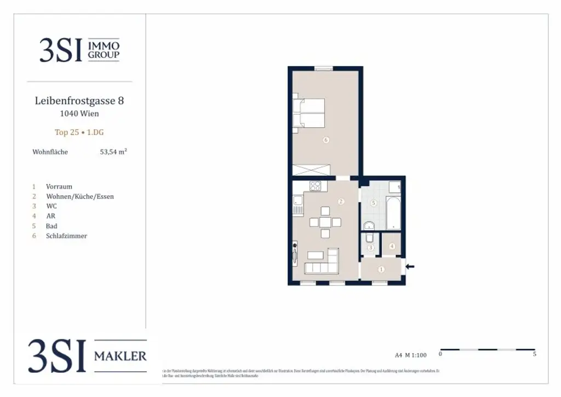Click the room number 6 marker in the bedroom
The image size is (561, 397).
326,140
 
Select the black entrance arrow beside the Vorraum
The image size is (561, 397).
410,266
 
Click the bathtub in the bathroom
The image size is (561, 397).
394,213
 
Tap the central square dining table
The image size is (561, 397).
325,222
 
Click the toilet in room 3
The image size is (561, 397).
370,239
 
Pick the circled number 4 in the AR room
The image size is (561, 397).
392,246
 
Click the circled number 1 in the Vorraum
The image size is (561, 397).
381,269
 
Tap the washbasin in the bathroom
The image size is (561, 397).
369,225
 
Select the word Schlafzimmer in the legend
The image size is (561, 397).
66,236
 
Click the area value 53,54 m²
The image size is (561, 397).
113,152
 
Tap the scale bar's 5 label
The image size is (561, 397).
534,354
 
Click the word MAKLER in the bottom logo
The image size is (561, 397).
121,356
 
